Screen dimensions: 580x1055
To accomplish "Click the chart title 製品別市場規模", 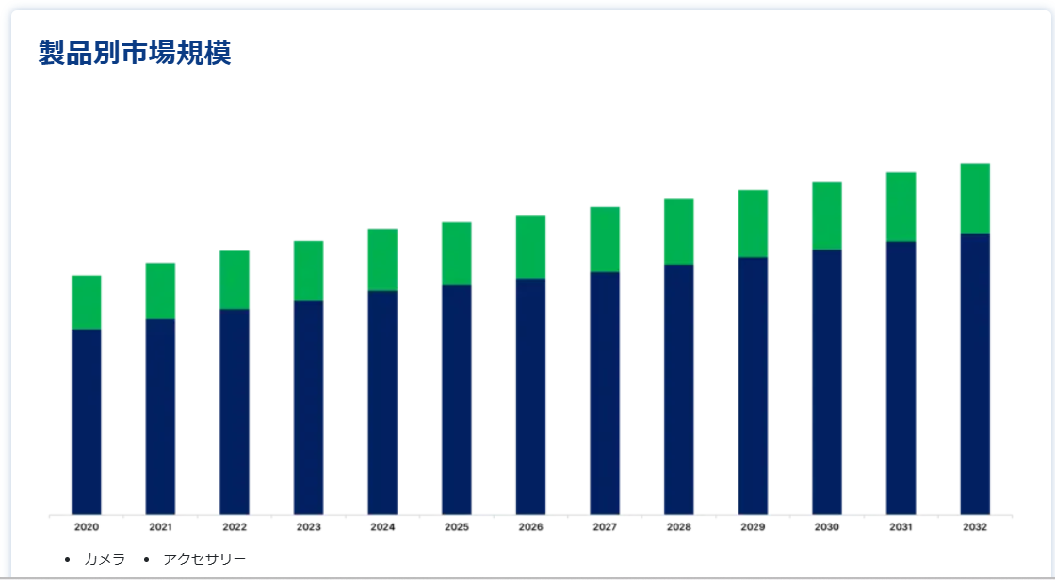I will (x=135, y=54).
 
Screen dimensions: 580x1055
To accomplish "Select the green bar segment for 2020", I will (x=87, y=302).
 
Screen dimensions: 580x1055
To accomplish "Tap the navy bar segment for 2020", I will (x=87, y=422).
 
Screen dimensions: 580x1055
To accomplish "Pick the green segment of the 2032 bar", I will (x=975, y=199).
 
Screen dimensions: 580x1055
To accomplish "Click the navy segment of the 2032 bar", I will (x=975, y=374).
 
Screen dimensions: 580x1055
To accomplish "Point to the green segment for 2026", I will (x=530, y=247).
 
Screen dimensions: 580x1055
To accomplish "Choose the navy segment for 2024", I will (x=382, y=403).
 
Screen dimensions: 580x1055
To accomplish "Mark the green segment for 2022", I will (x=235, y=280).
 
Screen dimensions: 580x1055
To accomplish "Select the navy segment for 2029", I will (x=753, y=386).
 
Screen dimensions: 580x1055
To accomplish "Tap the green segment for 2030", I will (x=827, y=216).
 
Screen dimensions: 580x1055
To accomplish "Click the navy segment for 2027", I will (x=605, y=394).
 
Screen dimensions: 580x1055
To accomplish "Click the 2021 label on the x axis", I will (x=160, y=527).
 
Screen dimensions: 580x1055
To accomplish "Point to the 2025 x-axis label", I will (x=457, y=527).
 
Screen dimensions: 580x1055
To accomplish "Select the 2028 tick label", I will (x=678, y=527).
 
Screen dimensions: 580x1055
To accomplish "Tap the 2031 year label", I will (x=901, y=527).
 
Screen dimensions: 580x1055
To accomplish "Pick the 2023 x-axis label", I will (x=309, y=527).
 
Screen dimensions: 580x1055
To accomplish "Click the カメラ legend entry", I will (x=105, y=559).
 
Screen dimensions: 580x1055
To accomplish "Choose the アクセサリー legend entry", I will (x=204, y=559).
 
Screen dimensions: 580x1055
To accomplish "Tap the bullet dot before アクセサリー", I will (x=147, y=560).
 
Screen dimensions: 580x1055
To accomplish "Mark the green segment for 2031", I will (x=901, y=207).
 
